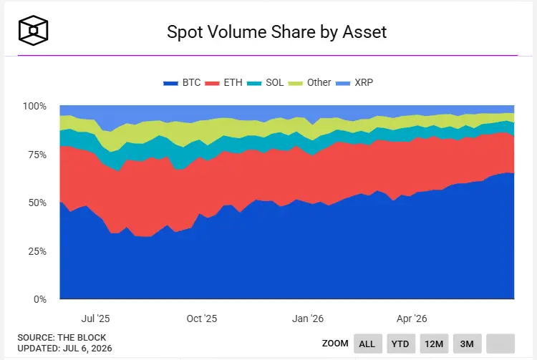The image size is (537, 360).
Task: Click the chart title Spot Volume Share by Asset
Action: pyautogui.click(x=276, y=32)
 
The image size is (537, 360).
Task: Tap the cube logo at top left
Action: pyautogui.click(x=33, y=30)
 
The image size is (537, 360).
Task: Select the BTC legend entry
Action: pyautogui.click(x=182, y=82)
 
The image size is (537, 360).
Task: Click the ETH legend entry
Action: pyautogui.click(x=223, y=82)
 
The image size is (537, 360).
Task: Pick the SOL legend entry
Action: pyautogui.click(x=265, y=82)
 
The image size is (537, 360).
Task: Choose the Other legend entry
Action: pyautogui.click(x=309, y=82)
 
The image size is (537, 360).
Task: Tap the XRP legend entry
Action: pyautogui.click(x=354, y=82)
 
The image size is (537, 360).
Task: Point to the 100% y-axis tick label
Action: pyautogui.click(x=34, y=106)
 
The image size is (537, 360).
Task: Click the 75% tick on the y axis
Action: pyautogui.click(x=37, y=155)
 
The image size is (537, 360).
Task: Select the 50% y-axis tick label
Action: pyautogui.click(x=37, y=203)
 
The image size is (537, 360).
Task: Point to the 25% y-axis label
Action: pyautogui.click(x=37, y=251)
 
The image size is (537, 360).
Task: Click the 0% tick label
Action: pyautogui.click(x=40, y=299)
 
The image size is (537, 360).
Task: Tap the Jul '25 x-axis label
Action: pyautogui.click(x=95, y=318)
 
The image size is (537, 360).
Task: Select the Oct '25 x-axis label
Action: pyautogui.click(x=202, y=318)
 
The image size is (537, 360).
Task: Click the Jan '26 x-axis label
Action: pyautogui.click(x=308, y=318)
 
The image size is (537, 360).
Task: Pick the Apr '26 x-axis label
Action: pyautogui.click(x=412, y=318)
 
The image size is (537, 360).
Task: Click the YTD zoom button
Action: pyautogui.click(x=400, y=344)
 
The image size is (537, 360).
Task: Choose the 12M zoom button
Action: pyautogui.click(x=434, y=344)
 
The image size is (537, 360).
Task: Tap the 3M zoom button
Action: pyautogui.click(x=467, y=344)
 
